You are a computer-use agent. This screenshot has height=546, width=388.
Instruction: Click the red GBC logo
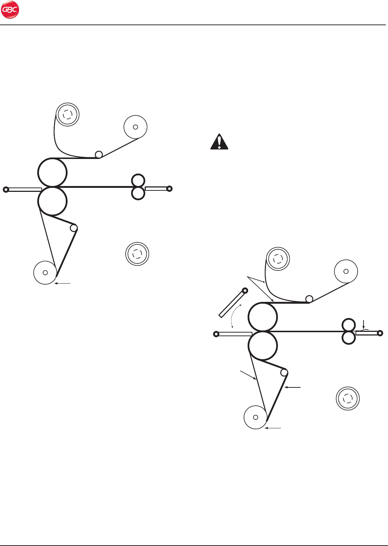(10, 10)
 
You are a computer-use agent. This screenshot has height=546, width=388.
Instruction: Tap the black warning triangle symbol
(219, 142)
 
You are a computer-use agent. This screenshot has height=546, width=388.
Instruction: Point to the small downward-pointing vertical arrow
(364, 324)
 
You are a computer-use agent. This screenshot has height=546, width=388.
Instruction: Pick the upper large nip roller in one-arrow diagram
(53, 172)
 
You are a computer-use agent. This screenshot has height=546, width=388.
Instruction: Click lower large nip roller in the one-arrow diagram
(53, 201)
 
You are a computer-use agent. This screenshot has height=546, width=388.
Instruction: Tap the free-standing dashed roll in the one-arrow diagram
(137, 254)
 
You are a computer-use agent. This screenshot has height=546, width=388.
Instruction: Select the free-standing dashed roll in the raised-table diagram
(348, 398)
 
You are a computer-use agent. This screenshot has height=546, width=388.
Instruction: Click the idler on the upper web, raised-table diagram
(309, 299)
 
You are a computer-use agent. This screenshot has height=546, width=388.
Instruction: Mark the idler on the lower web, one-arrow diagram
(74, 228)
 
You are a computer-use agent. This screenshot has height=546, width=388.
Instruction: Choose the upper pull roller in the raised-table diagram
(349, 325)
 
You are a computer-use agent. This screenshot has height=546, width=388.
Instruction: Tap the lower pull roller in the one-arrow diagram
(138, 193)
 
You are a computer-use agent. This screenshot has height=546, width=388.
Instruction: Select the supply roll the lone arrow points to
(45, 273)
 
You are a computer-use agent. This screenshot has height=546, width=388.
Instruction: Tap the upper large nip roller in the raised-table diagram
(263, 317)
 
